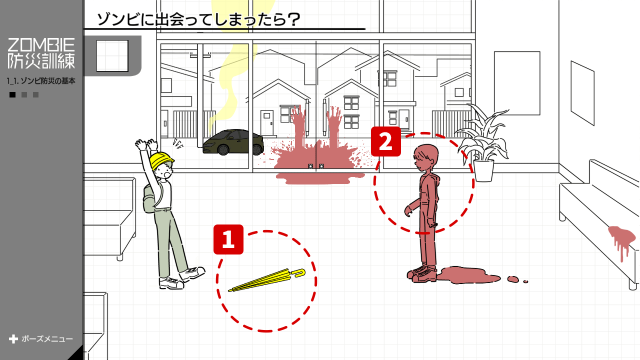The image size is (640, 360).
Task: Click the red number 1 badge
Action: coord(228,239)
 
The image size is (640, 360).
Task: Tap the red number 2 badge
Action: coord(385,141)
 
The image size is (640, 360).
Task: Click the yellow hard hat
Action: coord(161,160)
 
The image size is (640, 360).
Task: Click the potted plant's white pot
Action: coord(483,170)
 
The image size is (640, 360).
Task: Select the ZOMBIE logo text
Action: coord(41,45)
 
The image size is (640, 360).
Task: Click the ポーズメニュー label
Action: coord(47,339)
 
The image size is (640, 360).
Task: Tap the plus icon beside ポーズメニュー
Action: coord(13,339)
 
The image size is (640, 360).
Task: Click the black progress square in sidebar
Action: coord(12,94)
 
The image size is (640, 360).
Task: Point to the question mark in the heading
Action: coord(293,20)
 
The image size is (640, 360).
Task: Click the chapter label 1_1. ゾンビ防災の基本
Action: coord(41,81)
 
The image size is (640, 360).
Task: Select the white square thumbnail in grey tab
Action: coord(112,55)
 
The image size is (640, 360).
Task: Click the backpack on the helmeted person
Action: coord(149,199)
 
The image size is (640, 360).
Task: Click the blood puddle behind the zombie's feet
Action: coord(468,275)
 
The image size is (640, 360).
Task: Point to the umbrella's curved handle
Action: coord(299,273)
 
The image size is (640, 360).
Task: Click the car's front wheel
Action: coord(223,149)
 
